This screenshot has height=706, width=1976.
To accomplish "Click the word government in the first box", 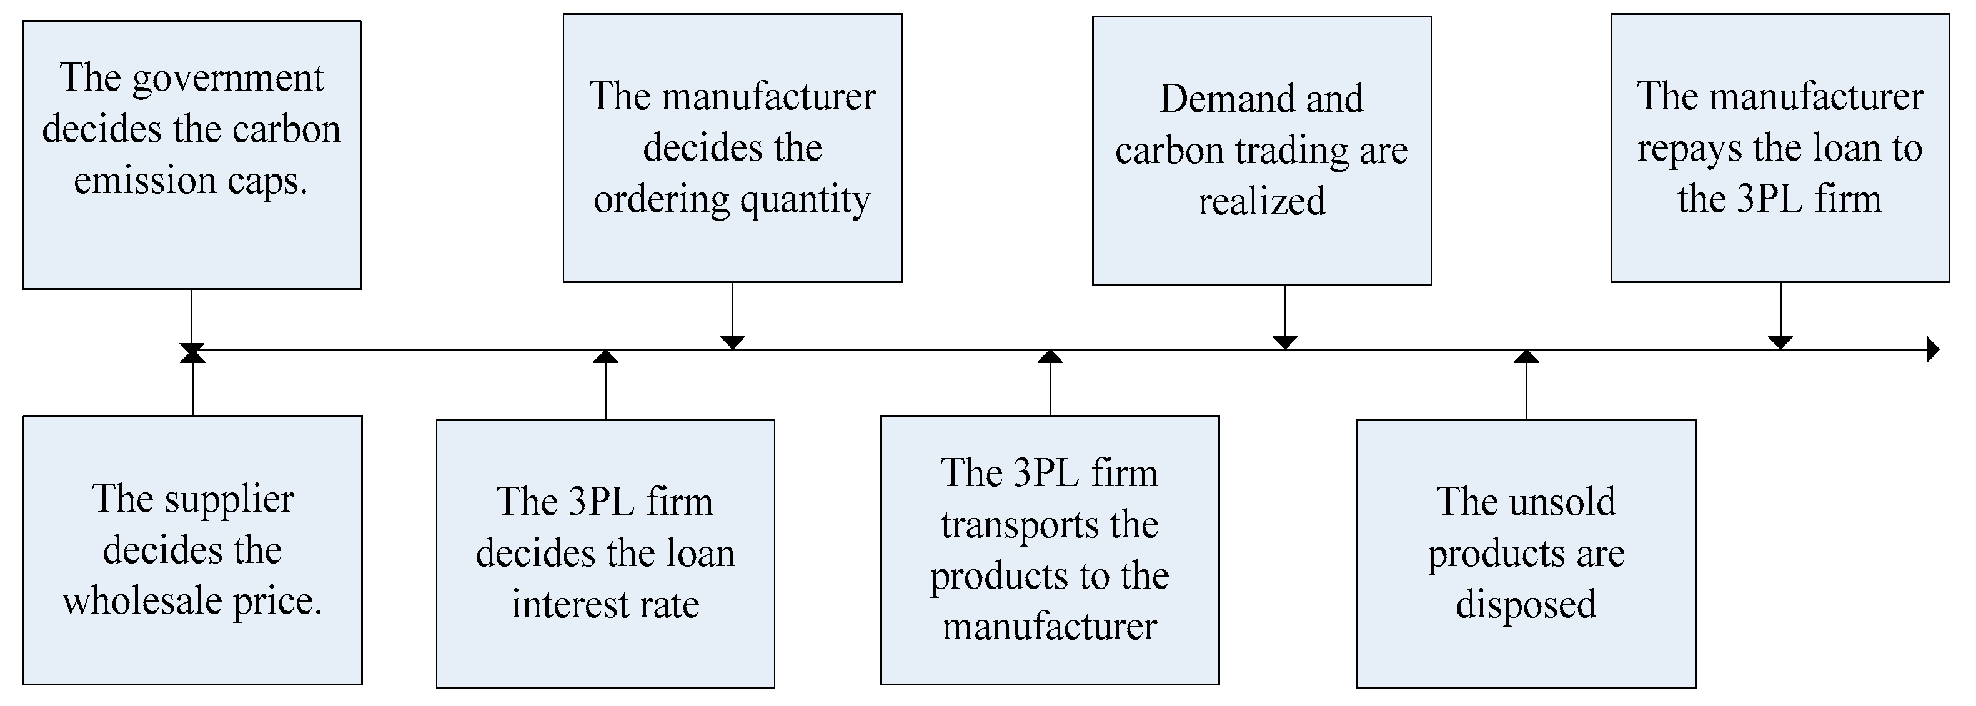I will (228, 80).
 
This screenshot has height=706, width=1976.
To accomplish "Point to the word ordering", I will (661, 201).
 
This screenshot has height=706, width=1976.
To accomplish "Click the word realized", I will (1262, 202).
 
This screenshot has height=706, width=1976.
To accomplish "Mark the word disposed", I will (1526, 605).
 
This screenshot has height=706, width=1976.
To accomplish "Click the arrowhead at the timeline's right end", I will (1932, 350).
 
